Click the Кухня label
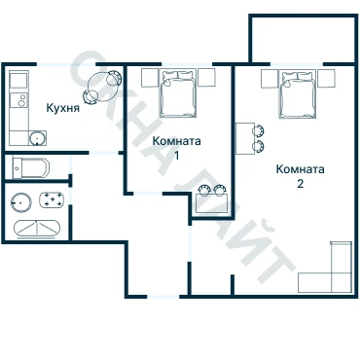pos(63,108)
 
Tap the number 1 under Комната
pos(177,156)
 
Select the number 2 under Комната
pos(301,184)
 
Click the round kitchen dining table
pos(103,87)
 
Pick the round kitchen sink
pos(37,138)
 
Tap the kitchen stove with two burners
pos(19,100)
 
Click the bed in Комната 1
pos(178,92)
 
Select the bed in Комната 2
pos(298,94)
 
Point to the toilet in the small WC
pos(31,168)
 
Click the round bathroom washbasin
pos(21,202)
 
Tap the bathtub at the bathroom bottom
pos(37,229)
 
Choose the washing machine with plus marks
pos(52,199)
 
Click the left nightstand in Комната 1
pos(150,78)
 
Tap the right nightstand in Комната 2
pos(326,79)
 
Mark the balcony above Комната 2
pos(303,38)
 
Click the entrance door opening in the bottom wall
pos(163,297)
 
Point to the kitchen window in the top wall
pos(66,64)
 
